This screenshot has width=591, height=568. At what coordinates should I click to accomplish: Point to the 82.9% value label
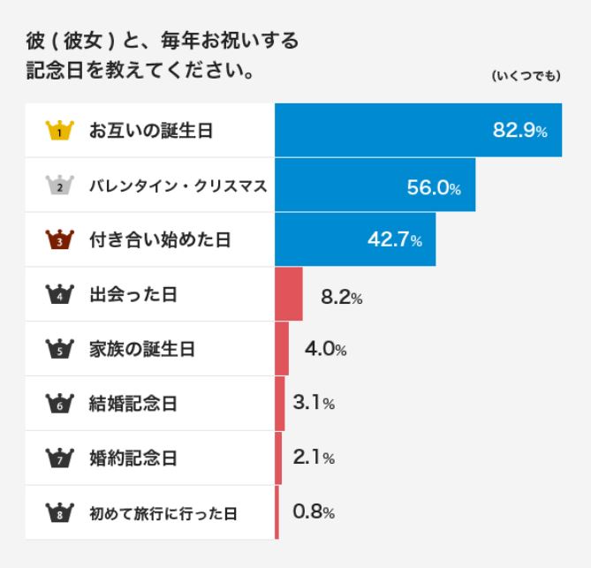(x=519, y=132)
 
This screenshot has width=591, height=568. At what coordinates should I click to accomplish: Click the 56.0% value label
(x=434, y=186)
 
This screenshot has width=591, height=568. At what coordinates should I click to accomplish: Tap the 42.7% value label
(x=394, y=240)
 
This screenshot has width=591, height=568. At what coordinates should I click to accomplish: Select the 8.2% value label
(x=341, y=296)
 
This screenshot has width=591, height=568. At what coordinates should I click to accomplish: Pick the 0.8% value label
(x=314, y=512)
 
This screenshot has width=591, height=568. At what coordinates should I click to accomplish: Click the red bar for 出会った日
(x=289, y=294)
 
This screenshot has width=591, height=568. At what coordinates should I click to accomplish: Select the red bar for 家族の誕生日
(x=282, y=349)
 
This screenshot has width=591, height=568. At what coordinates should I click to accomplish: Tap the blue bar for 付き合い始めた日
(x=355, y=240)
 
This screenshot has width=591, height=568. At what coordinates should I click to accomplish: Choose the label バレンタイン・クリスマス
(x=176, y=186)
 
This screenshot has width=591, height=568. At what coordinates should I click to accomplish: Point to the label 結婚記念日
(x=133, y=404)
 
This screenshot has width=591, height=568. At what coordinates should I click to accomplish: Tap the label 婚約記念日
(x=133, y=458)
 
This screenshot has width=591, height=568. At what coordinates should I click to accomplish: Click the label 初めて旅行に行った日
(x=163, y=512)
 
